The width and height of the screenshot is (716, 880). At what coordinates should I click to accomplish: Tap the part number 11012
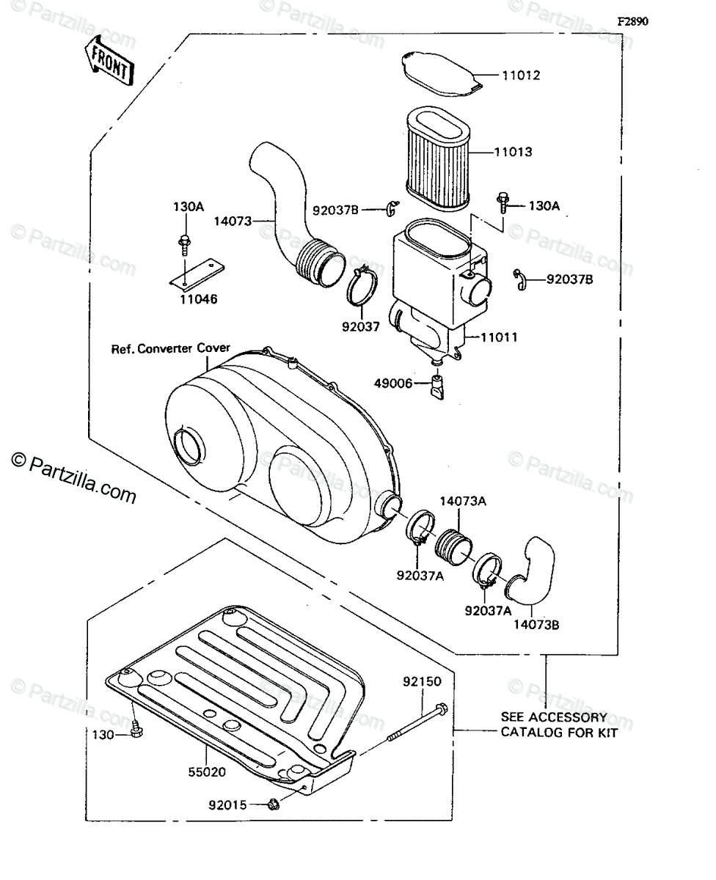[x=521, y=75]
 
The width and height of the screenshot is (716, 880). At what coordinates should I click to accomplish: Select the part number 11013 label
[x=513, y=153]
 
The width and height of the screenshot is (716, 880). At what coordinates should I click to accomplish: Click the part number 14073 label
[x=233, y=220]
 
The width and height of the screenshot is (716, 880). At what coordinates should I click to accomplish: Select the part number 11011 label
[x=499, y=337]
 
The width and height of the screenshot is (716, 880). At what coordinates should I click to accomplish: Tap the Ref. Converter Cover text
[x=171, y=348]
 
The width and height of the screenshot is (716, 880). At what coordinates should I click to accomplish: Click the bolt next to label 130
[x=136, y=730]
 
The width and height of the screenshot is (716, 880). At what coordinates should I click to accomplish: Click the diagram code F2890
[x=632, y=21]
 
